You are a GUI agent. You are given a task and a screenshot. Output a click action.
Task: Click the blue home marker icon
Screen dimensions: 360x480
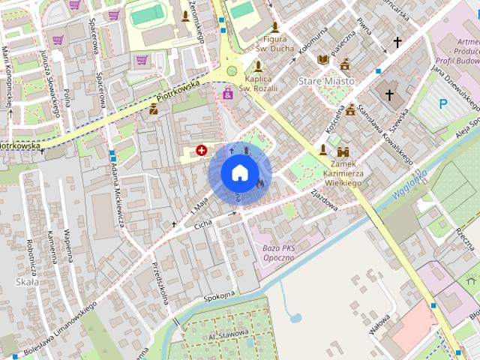pos(238,172)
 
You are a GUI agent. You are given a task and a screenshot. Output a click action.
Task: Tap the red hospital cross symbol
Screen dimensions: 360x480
pos(201,151)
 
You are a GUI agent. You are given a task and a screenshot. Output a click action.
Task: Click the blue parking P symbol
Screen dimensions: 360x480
pos(443,104)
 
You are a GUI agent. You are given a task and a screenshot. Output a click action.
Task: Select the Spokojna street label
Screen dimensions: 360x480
pos(219,298)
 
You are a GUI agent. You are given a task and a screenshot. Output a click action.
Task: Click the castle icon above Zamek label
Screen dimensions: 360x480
pos(343,151)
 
